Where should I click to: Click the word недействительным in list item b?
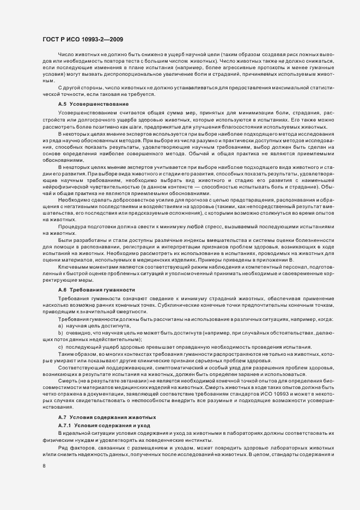point(104,339)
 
